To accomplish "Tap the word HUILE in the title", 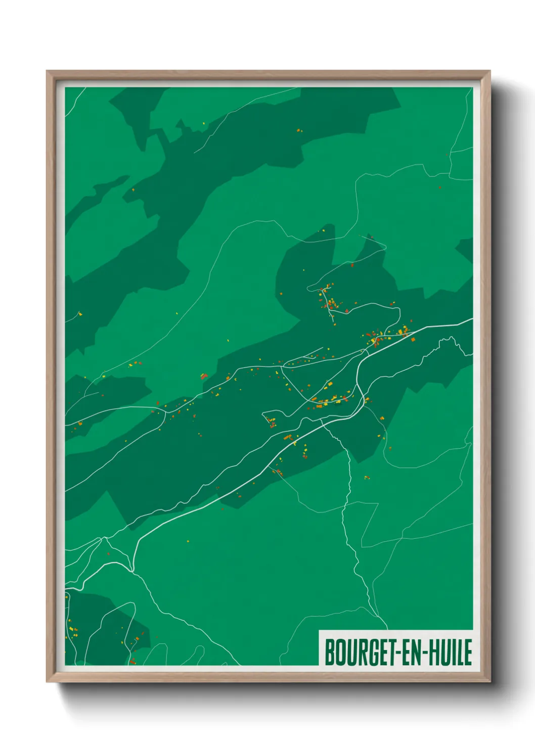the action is (451, 652).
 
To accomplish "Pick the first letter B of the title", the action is (329, 652).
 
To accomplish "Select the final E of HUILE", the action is (468, 652).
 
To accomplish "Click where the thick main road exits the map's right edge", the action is (472, 319).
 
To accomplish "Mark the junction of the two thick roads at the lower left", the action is (132, 570).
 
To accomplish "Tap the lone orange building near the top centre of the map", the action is (298, 130).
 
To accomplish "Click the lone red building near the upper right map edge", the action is (440, 188).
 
